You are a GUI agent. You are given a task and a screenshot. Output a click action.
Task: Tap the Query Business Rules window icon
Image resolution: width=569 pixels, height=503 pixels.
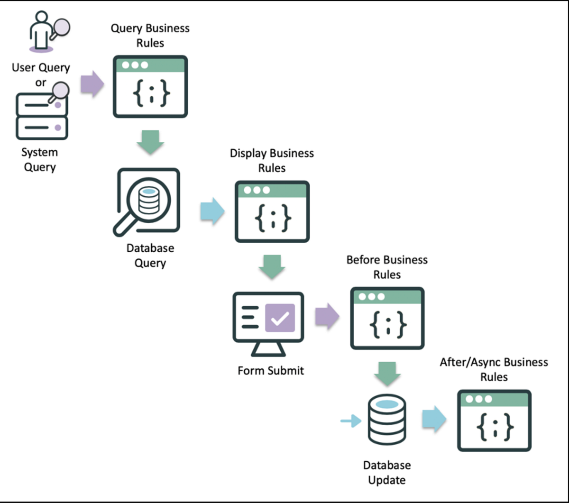click(150, 86)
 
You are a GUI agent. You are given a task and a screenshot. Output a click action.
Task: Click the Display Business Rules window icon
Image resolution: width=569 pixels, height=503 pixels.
click(272, 212)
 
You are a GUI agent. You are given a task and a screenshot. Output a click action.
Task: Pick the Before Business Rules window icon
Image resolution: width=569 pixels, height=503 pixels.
click(387, 318)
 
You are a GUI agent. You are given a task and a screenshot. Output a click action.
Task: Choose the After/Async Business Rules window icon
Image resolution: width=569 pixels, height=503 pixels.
click(494, 421)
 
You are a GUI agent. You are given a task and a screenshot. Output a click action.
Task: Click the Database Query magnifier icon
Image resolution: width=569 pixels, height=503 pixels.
click(147, 201)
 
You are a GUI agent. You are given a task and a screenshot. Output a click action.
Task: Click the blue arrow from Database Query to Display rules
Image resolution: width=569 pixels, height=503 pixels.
click(212, 211)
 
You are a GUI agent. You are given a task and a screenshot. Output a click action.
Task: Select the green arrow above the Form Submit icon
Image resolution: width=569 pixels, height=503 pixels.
click(272, 266)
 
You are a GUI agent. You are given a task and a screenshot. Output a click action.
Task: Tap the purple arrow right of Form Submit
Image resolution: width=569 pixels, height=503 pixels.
click(328, 316)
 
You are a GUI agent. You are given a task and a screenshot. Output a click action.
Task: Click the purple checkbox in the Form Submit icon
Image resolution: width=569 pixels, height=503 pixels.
click(280, 318)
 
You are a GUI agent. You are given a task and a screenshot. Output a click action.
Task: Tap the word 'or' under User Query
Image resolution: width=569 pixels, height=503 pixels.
click(41, 82)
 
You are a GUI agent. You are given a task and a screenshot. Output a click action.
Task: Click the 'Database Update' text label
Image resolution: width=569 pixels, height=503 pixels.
click(387, 472)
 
